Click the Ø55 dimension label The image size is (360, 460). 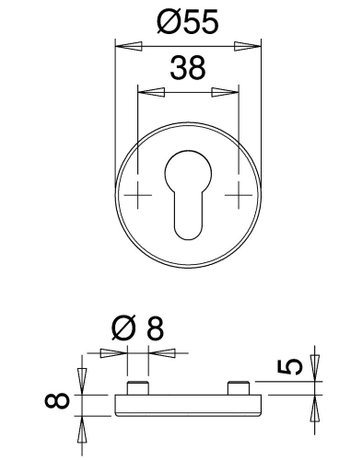point(188,22)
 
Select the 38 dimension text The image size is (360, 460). point(188,68)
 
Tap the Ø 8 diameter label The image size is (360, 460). point(138,328)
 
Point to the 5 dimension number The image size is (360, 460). point(290,367)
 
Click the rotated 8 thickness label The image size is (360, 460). point(57,400)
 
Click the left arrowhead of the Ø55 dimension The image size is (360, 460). point(129,46)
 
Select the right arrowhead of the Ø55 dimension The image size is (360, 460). point(247,46)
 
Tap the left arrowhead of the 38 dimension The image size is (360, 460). point(151,92)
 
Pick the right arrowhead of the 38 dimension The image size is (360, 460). point(225,92)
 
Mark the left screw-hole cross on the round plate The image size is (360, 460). point(138,195)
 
